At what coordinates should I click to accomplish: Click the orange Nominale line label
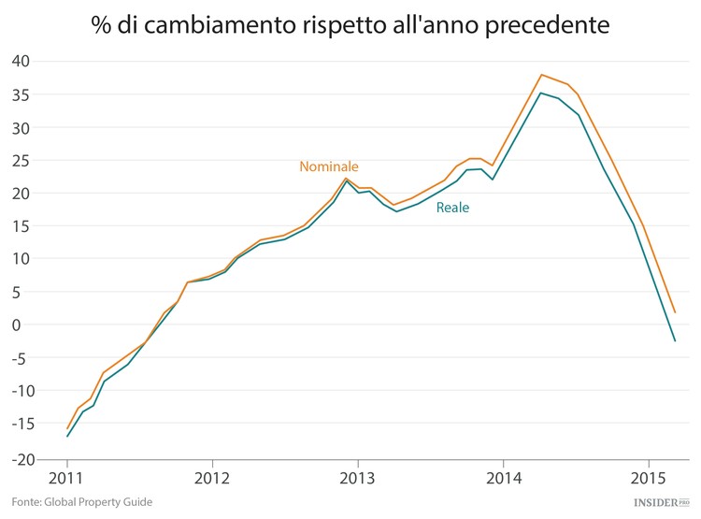coord(328,166)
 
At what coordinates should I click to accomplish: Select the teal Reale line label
coord(452,208)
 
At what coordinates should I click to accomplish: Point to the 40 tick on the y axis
coord(21,62)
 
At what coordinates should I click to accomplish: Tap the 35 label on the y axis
coord(21,94)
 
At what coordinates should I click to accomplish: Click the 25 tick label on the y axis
coord(21,160)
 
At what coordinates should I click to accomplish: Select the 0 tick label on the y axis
coord(26,324)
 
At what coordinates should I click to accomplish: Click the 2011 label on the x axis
coord(67,479)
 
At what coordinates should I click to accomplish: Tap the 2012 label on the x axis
coord(212,479)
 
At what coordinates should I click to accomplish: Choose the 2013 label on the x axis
coord(358,479)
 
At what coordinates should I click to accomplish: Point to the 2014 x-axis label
coord(504,479)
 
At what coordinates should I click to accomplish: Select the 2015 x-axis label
coord(649,479)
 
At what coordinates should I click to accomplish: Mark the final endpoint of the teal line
coord(675,341)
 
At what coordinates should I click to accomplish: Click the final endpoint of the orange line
coord(675,312)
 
